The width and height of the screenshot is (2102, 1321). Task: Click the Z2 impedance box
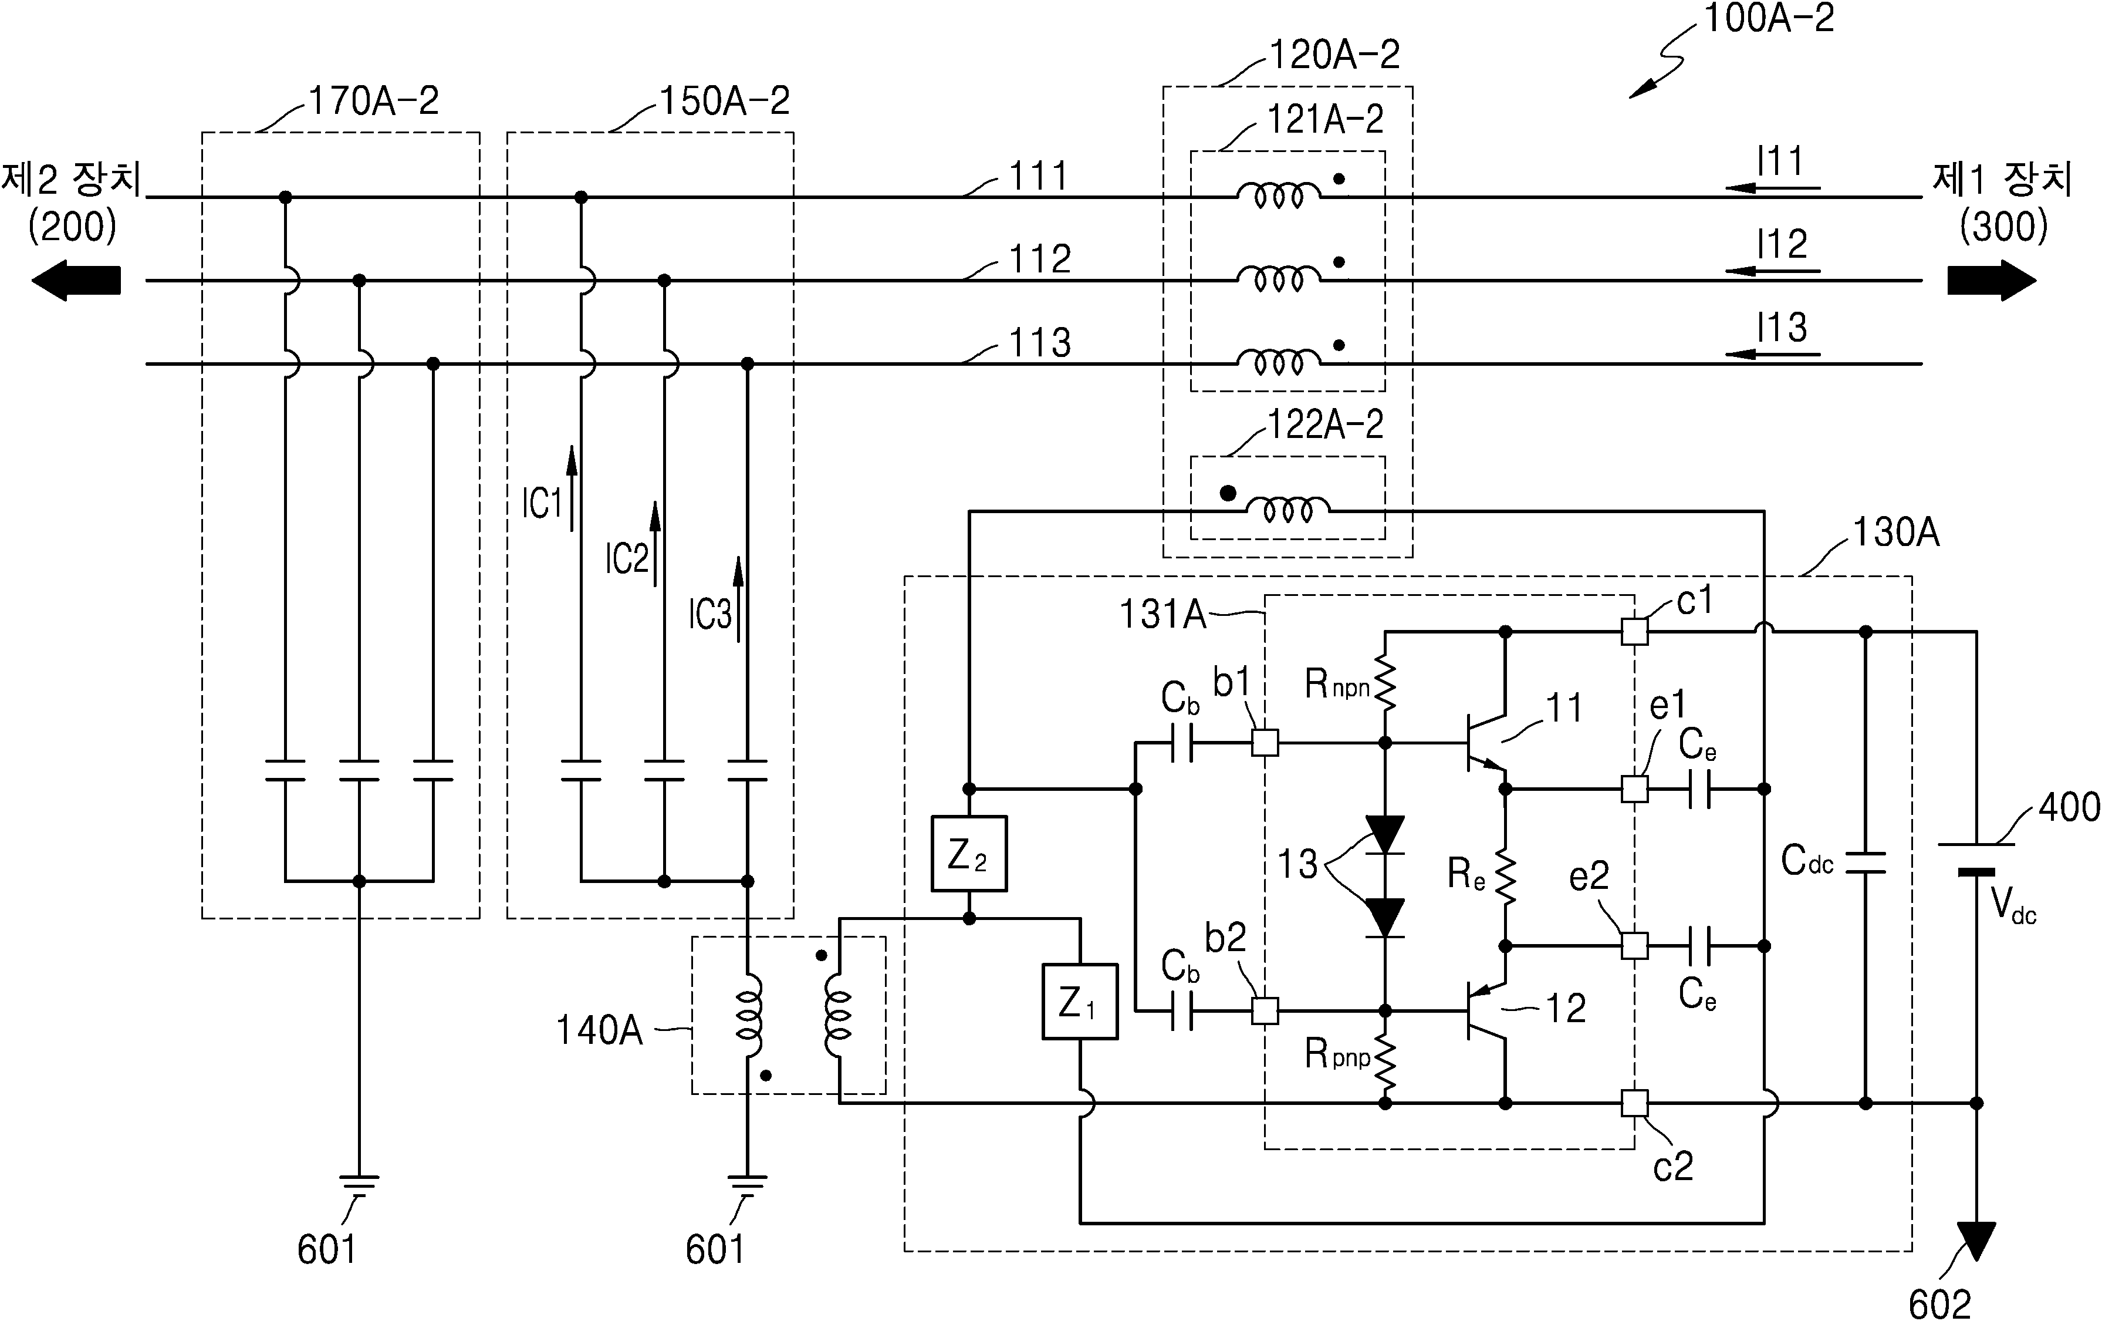click(x=969, y=853)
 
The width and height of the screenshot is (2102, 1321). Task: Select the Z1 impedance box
click(x=1080, y=1002)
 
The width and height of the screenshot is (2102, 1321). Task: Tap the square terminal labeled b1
click(x=1265, y=743)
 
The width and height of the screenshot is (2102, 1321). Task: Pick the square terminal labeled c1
click(x=1634, y=631)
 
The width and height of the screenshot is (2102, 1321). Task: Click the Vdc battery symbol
click(x=1976, y=857)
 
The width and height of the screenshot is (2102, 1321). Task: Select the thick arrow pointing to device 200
click(x=76, y=280)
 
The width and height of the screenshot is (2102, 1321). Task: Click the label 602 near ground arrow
click(x=1939, y=1303)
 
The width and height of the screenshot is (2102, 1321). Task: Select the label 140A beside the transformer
click(x=599, y=1030)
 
